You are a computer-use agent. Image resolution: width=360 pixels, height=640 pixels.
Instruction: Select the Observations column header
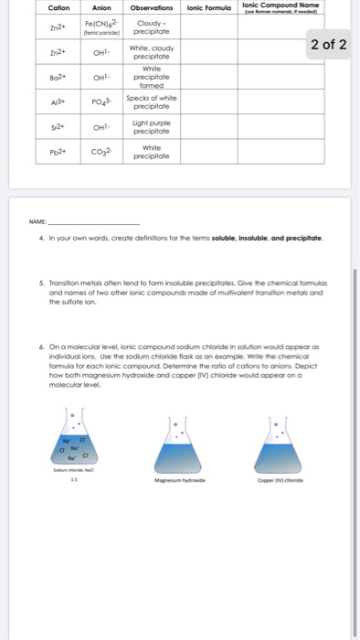coord(146,8)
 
